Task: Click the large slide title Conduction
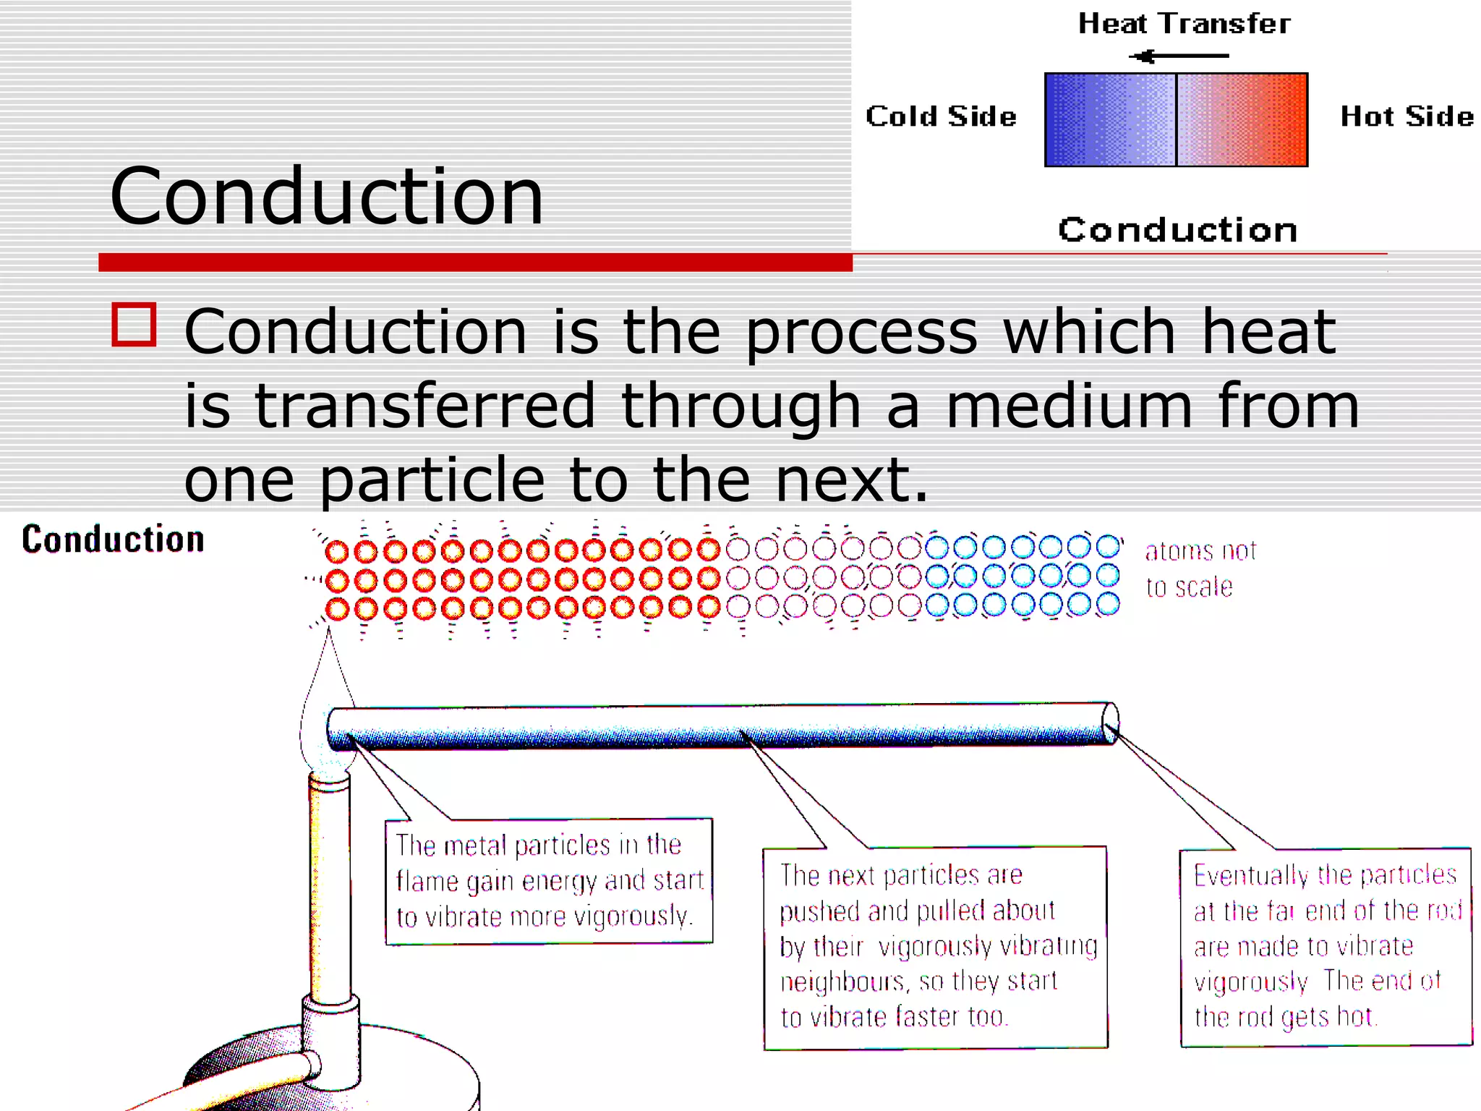click(326, 197)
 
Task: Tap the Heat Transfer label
click(1184, 24)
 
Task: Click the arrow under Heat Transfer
click(1179, 56)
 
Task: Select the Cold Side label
click(941, 116)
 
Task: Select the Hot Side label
click(1407, 116)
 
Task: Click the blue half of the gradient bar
click(1110, 120)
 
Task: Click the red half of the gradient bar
click(1242, 120)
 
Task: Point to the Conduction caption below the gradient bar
click(1178, 230)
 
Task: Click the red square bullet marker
click(135, 325)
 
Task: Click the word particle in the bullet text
click(432, 480)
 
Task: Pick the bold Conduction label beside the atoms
click(114, 540)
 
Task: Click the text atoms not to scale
click(1200, 569)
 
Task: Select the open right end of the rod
click(1110, 723)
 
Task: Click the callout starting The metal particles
click(549, 881)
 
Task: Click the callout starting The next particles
click(935, 946)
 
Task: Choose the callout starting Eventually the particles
click(1326, 946)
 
